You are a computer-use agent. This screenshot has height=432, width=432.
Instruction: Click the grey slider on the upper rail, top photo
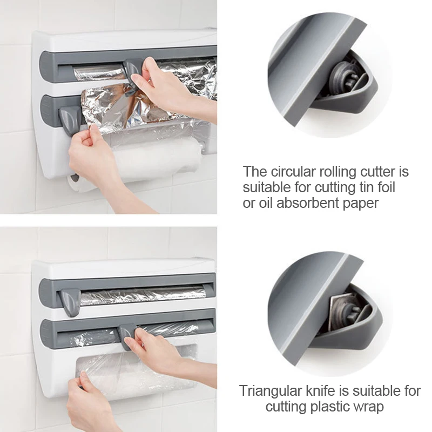(132, 70)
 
